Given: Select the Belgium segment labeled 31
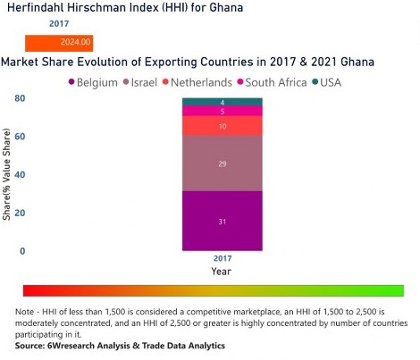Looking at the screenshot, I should [222, 221].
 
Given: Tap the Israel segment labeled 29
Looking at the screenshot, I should [222, 163].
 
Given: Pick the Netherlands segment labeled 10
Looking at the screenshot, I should [222, 126].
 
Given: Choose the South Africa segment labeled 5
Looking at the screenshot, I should [222, 111].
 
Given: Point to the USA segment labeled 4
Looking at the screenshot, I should [222, 102].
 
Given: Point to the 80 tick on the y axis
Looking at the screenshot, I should [20, 98].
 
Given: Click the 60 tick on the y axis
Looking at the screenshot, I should [20, 137].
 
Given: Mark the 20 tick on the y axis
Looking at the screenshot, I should [20, 213].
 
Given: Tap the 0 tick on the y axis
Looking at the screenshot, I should [22, 252].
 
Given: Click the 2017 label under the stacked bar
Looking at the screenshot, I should [222, 258].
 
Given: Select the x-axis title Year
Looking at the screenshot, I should [222, 271].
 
